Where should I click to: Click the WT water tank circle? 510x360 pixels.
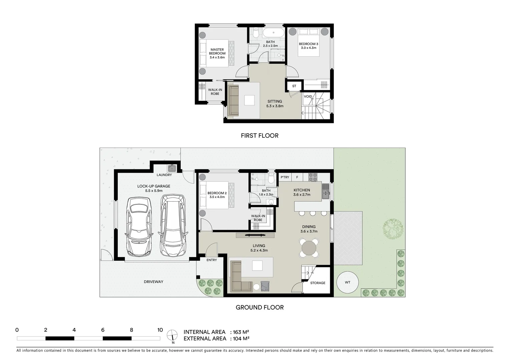pos(348,282)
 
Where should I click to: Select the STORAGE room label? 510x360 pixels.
pos(318,283)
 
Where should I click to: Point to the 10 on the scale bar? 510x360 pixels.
pos(160,330)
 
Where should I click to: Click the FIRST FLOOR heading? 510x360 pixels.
pos(260,136)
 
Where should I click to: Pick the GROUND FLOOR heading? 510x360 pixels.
pos(260,307)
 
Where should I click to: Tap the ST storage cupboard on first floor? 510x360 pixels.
pos(294,86)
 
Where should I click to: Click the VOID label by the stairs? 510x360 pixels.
pos(308,97)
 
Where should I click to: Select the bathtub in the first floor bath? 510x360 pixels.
pos(274,33)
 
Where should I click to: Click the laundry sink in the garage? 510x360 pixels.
pos(172,168)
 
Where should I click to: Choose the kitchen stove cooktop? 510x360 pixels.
pos(313,177)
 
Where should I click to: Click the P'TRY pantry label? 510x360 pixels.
pos(285,177)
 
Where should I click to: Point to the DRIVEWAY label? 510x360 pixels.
pos(153,282)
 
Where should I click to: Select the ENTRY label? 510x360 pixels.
pos(211,260)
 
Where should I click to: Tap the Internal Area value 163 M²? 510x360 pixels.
pos(239,332)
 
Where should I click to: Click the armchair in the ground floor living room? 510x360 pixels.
pos(265,286)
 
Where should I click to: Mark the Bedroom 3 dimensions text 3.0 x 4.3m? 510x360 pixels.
pos(308,48)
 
